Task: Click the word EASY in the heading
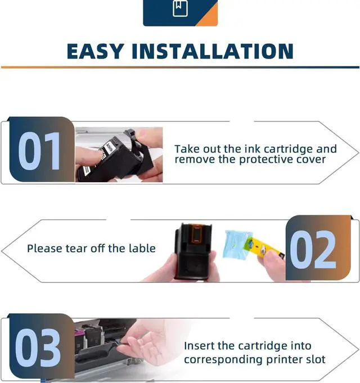pyautogui.click(x=94, y=51)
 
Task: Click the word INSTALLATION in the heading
pyautogui.click(x=213, y=51)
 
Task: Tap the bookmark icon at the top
pyautogui.click(x=180, y=8)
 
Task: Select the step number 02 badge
pyautogui.click(x=318, y=247)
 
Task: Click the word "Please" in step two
pyautogui.click(x=44, y=249)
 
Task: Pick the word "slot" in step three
pyautogui.click(x=316, y=359)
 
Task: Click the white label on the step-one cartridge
pyautogui.click(x=107, y=148)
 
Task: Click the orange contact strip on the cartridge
pyautogui.click(x=196, y=233)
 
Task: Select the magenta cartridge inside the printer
pyautogui.click(x=79, y=335)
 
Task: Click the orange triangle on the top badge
pyautogui.click(x=208, y=16)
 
